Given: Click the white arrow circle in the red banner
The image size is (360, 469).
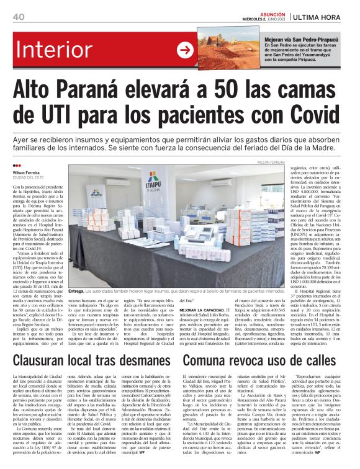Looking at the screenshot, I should click(185, 49).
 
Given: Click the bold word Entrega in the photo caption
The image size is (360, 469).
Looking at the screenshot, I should click(76, 289).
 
